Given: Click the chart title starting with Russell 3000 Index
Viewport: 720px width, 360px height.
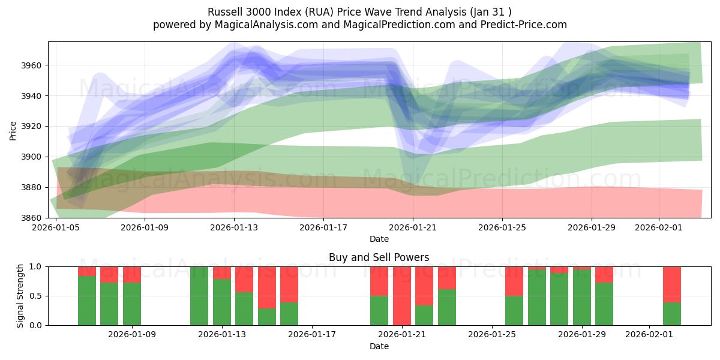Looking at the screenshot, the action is [x=359, y=12].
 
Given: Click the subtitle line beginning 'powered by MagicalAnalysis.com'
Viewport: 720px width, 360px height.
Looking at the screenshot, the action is [x=359, y=25].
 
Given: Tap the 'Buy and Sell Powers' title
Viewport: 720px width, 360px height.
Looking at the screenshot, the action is [x=379, y=257].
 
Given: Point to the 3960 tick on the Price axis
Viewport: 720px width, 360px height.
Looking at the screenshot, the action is [x=34, y=65].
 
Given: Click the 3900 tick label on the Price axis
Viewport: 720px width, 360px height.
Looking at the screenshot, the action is [x=34, y=157].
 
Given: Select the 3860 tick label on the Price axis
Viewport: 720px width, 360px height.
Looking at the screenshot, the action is [x=34, y=218].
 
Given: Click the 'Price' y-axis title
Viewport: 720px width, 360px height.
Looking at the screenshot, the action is [x=13, y=130].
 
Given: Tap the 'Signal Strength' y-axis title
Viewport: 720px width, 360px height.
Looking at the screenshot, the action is [x=20, y=295].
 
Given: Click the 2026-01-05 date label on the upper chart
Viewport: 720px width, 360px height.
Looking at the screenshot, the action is [x=56, y=228].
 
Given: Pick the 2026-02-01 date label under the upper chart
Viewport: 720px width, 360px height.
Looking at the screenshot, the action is [x=659, y=228].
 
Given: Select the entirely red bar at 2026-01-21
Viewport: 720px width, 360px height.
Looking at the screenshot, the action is [x=402, y=296].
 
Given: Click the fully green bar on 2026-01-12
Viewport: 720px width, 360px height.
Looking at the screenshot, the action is [x=199, y=296].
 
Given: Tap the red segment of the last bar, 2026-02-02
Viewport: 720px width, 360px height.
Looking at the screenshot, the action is [x=672, y=284].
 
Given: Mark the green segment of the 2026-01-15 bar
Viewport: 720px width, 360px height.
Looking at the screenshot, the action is [x=267, y=317].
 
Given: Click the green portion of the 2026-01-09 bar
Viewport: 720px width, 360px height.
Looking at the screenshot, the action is [x=132, y=304].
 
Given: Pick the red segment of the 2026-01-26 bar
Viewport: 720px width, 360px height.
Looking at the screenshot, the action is [x=514, y=281].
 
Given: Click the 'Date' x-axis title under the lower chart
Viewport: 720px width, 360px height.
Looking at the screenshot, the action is [x=379, y=346].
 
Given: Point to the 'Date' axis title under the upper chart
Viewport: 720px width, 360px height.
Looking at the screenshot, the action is [x=379, y=239].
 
